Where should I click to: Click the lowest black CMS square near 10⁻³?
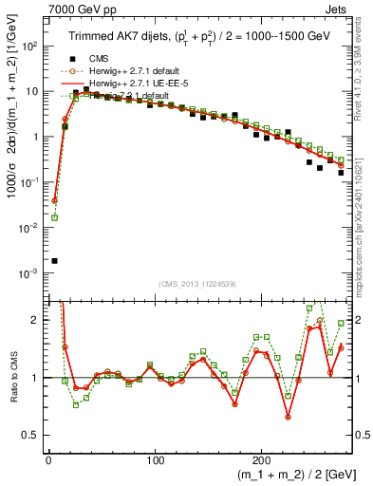pos(54,260)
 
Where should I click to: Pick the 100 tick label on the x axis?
pos(155,459)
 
